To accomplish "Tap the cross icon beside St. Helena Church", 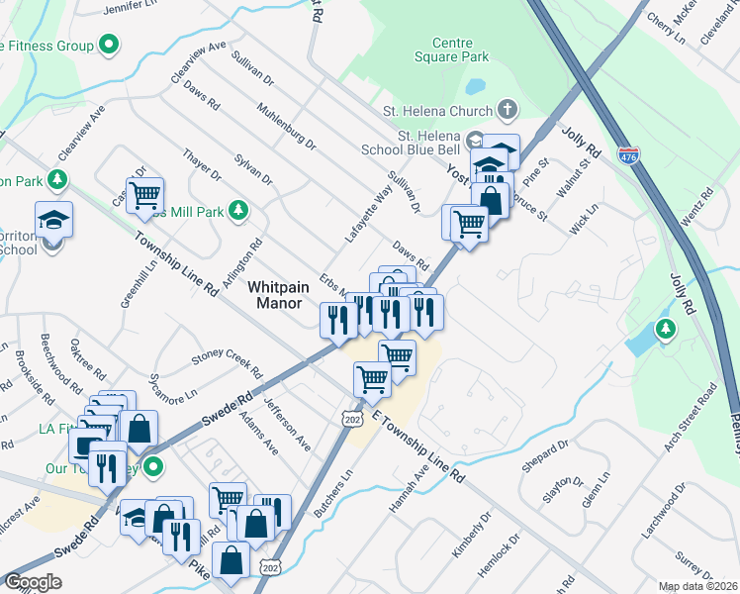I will point(507,109).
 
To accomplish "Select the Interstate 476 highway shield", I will point(627,155).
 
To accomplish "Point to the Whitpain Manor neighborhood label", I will point(279,294).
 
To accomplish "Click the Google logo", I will point(33,582).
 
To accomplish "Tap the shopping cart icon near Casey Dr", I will point(144,195).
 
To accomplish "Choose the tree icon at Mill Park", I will point(237,210).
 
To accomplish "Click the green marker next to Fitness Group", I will point(111,46).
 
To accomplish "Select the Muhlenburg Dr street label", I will point(285,127).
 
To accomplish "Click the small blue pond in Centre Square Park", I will point(476,84).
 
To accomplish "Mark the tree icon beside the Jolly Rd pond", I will point(667,329).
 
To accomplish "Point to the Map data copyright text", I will point(697,586).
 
